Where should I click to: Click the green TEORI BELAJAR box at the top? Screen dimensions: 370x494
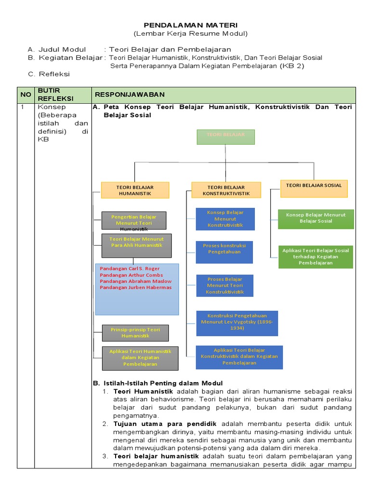(x=225, y=137)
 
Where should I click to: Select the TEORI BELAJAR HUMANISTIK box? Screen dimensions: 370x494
(x=135, y=190)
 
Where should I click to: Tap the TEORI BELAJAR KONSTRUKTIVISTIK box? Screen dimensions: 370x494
(x=226, y=190)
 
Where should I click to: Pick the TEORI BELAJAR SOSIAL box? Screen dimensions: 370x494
(x=314, y=189)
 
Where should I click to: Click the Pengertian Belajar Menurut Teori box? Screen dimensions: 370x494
(x=134, y=220)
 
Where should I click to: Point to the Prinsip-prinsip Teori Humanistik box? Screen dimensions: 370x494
(x=135, y=333)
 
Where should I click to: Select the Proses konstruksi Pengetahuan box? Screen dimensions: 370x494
(x=225, y=252)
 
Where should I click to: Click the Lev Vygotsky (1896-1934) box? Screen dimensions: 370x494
(x=237, y=323)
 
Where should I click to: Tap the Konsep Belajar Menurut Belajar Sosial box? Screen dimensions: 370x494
(x=316, y=219)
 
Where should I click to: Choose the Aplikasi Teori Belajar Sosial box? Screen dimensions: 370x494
(x=316, y=257)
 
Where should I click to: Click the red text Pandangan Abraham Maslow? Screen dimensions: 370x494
(x=135, y=281)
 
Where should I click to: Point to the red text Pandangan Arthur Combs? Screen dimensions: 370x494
(x=131, y=275)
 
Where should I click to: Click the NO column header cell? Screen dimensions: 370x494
(x=26, y=95)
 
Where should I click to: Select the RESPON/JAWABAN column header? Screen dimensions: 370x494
(x=130, y=95)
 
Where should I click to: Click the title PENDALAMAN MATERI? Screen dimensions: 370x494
(x=191, y=25)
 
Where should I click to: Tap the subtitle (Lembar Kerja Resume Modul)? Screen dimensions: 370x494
(x=191, y=33)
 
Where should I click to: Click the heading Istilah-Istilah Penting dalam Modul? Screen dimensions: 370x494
(x=163, y=384)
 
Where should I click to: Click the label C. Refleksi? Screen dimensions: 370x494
(x=49, y=74)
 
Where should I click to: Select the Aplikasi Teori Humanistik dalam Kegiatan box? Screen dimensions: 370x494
(x=140, y=358)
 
